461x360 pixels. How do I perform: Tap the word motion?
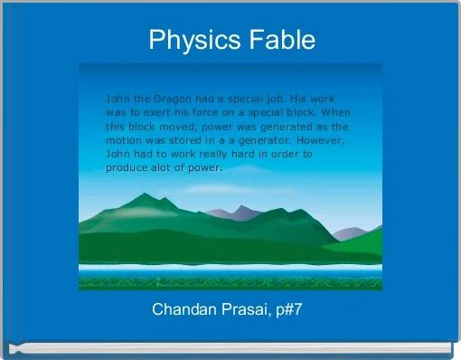point(126,141)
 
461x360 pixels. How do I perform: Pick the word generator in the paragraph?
point(273,141)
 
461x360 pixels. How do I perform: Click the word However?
point(325,141)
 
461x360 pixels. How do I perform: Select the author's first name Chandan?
point(183,310)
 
